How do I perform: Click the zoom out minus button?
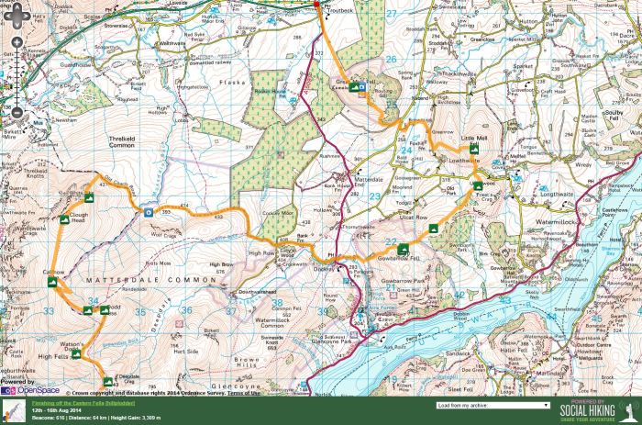tap(13, 113)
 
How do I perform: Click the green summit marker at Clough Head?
tap(90, 196)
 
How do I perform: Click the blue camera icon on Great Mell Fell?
tap(363, 88)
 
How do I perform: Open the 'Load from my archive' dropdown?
tap(494, 404)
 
